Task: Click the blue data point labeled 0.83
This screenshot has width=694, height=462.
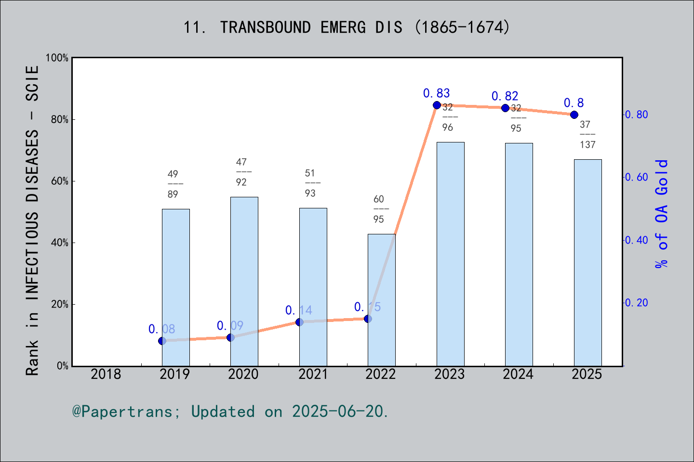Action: pos(437,105)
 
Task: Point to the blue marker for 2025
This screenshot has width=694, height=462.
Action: pos(574,115)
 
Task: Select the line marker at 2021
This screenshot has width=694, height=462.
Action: pos(299,322)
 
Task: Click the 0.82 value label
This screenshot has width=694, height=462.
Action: pos(505,96)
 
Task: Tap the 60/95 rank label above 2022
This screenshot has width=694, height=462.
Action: pos(379,209)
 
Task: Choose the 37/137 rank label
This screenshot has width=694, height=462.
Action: pos(587,135)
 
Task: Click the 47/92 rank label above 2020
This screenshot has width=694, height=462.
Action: pos(241,172)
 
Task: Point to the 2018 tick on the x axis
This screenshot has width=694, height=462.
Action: pos(106,374)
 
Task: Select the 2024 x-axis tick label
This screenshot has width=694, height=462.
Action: pos(518,374)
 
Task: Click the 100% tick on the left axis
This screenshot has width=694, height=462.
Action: pos(57,58)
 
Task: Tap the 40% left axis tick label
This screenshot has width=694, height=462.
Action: pos(59,243)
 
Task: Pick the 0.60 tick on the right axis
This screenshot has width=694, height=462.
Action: pos(636,177)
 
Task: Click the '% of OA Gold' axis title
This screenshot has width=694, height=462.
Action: pos(662,214)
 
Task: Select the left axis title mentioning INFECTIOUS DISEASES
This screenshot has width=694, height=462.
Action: pos(32,220)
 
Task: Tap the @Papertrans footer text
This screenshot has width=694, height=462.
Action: pos(230,411)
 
